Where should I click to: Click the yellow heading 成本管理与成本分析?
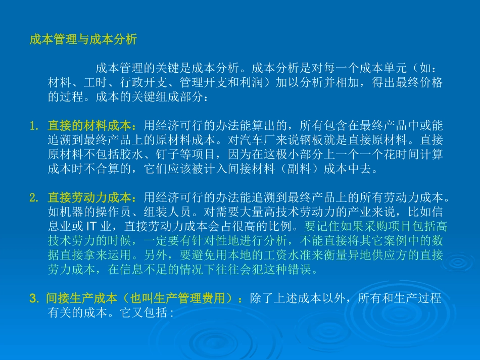[x=83, y=40]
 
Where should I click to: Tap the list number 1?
[x=33, y=125]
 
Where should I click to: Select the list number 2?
[x=33, y=196]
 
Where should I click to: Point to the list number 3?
[x=33, y=298]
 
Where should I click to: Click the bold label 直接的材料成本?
[x=89, y=125]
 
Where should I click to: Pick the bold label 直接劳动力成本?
[x=89, y=196]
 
